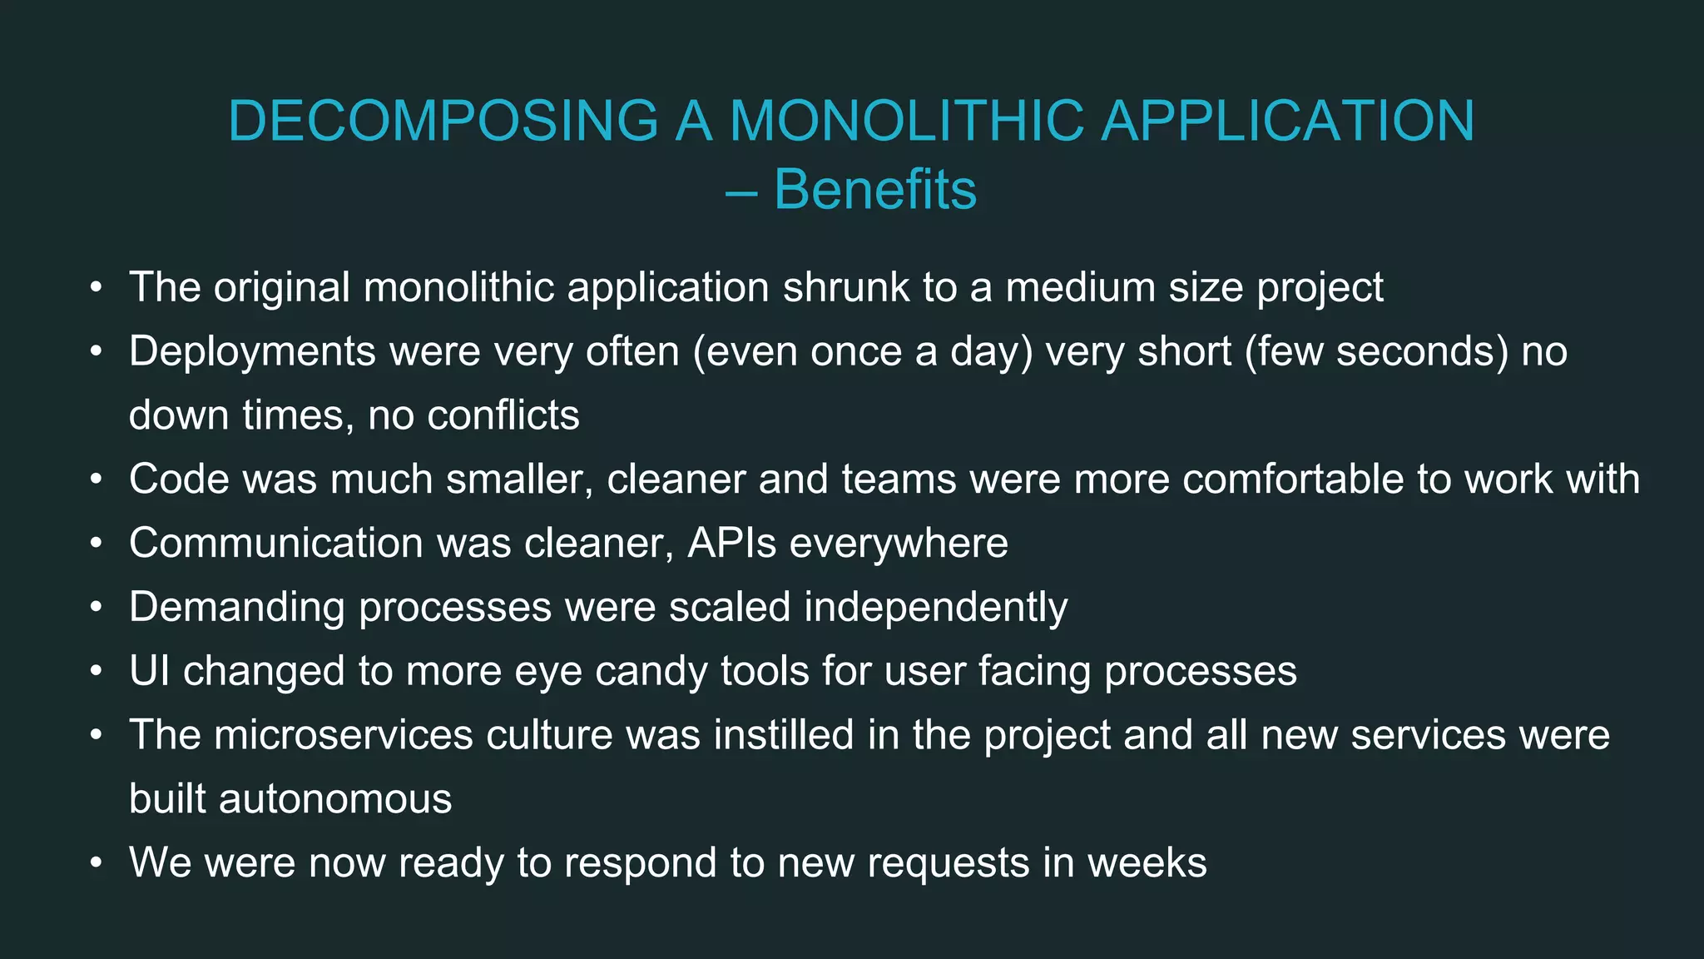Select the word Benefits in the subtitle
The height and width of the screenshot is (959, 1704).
[x=875, y=190]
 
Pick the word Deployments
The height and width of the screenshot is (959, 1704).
[x=252, y=351]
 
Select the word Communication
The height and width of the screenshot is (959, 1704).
[x=276, y=544]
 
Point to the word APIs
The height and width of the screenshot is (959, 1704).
[x=732, y=544]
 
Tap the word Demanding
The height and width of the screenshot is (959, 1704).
[x=236, y=607]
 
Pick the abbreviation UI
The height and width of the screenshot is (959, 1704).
[x=149, y=671]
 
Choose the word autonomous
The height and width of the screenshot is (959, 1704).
[x=335, y=799]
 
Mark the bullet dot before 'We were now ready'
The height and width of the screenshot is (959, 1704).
[x=97, y=863]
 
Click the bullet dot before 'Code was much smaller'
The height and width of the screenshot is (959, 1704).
[x=97, y=479]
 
